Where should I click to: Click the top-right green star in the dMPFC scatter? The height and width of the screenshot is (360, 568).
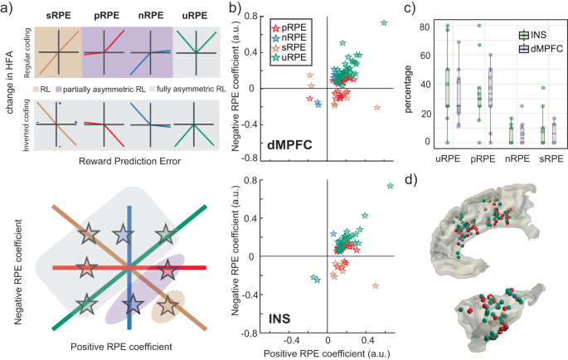coord(384,22)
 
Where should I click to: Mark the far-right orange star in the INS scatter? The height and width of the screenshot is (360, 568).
coord(376,285)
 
